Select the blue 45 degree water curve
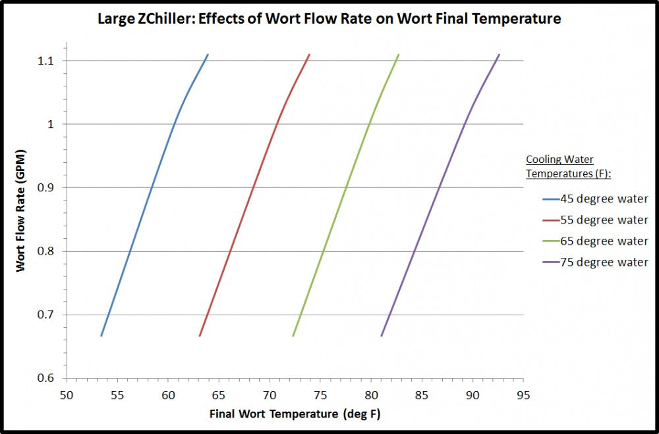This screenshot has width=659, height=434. coord(151,188)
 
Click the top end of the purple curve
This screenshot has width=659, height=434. coord(499,55)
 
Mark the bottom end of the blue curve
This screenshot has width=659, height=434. coord(101,336)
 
